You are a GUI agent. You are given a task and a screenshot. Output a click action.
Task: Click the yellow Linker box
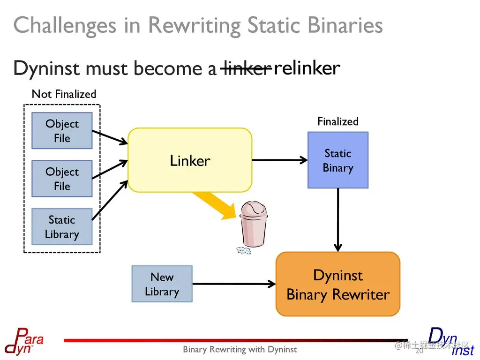click(x=190, y=160)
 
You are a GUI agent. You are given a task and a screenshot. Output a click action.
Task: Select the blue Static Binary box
click(x=338, y=160)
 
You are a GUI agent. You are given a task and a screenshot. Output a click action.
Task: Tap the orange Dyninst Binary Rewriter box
click(x=338, y=284)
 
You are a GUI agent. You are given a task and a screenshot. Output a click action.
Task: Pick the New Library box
click(x=162, y=284)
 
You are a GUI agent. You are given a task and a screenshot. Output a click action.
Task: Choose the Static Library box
click(x=62, y=226)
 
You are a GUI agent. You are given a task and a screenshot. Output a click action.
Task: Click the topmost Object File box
click(x=62, y=131)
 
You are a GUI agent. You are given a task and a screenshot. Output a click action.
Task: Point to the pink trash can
click(x=254, y=224)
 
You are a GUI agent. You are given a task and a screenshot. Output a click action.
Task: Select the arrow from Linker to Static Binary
click(x=280, y=160)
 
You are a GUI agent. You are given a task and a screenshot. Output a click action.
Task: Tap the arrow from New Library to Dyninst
click(x=234, y=284)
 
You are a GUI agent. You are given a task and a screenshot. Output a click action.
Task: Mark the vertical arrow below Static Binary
click(x=338, y=220)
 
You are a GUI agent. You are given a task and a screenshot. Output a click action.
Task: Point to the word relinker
click(x=307, y=68)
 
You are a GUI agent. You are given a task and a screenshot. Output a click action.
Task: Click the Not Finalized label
click(x=64, y=94)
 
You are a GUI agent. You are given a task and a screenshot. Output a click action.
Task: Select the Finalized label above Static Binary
click(x=338, y=121)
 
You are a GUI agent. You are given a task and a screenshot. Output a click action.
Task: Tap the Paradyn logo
click(x=24, y=341)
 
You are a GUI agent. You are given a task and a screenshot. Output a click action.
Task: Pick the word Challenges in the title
click(x=65, y=26)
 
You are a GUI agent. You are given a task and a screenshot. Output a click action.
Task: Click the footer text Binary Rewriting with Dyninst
click(x=240, y=349)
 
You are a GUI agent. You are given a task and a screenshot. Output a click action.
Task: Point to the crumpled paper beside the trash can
click(x=244, y=251)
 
